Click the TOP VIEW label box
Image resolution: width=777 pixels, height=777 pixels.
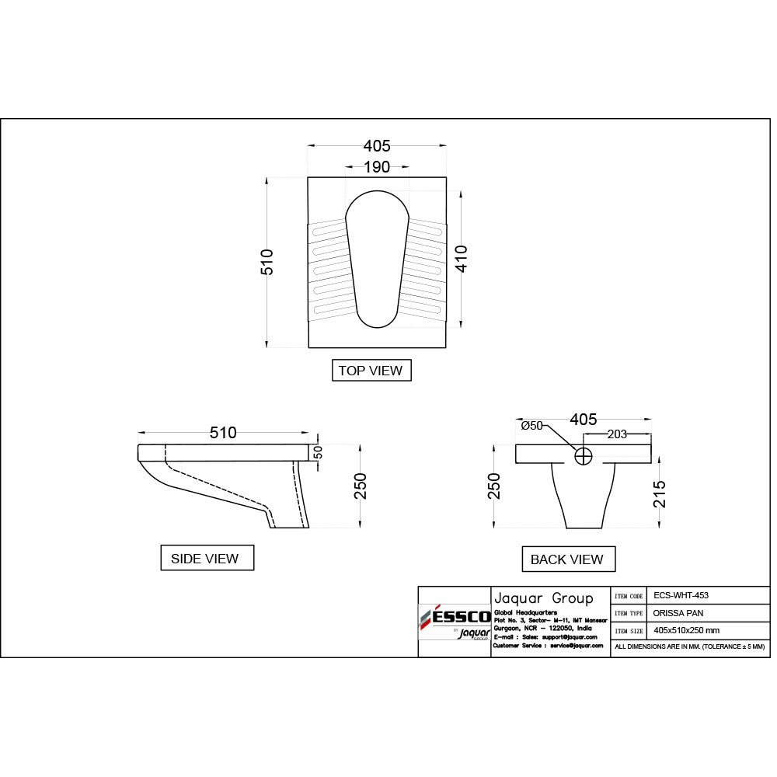[371, 371]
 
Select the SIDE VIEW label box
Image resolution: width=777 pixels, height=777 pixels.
[205, 559]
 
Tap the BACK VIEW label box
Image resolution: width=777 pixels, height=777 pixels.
[566, 559]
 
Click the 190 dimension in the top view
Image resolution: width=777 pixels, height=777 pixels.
[377, 167]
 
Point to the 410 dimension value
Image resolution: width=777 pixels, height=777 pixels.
[461, 258]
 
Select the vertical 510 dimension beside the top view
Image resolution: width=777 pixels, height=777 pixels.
[267, 262]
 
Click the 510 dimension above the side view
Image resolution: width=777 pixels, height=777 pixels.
[223, 433]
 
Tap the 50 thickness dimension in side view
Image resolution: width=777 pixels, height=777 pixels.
[317, 451]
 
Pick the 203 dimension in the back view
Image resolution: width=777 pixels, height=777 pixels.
[616, 435]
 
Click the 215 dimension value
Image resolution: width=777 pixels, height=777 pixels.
[660, 493]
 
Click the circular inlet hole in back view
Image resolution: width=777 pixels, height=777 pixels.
[584, 456]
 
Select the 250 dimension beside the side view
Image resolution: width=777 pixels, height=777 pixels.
[360, 486]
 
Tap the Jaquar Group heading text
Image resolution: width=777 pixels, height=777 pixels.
[543, 598]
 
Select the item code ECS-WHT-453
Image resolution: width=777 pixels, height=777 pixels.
[681, 596]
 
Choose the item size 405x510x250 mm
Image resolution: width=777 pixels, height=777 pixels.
[686, 630]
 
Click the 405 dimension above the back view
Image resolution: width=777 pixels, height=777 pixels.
[584, 420]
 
